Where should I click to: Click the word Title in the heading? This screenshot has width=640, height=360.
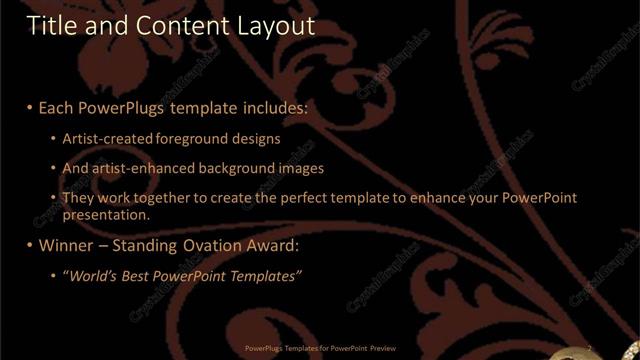coord(50,25)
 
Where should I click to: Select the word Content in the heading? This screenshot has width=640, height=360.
coord(177,25)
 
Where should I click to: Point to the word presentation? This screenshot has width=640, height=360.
coord(106,214)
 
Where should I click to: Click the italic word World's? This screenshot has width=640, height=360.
coord(92,275)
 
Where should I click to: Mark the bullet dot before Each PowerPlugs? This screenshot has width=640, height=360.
coord(30,105)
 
